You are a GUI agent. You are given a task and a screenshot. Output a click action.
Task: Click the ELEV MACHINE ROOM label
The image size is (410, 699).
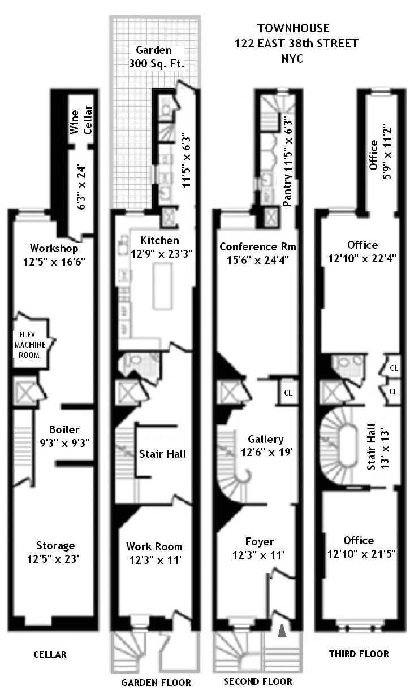(x=27, y=344)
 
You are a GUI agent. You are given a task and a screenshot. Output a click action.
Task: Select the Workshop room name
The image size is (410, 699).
(x=54, y=248)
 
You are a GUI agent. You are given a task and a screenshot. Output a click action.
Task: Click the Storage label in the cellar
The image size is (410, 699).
(x=55, y=545)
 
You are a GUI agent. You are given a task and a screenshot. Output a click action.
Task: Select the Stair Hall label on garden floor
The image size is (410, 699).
(x=162, y=453)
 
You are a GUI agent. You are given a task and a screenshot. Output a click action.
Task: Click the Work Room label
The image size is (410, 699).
(x=154, y=546)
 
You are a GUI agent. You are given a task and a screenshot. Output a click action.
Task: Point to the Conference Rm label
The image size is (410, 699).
(x=258, y=247)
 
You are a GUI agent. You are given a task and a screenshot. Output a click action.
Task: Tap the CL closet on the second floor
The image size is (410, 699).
(x=288, y=393)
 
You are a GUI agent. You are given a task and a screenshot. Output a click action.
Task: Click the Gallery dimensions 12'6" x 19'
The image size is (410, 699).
(x=266, y=452)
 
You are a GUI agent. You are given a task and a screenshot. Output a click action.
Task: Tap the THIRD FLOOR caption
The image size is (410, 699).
(x=359, y=654)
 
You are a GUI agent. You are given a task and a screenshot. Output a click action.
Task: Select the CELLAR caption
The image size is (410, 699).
(x=50, y=654)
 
